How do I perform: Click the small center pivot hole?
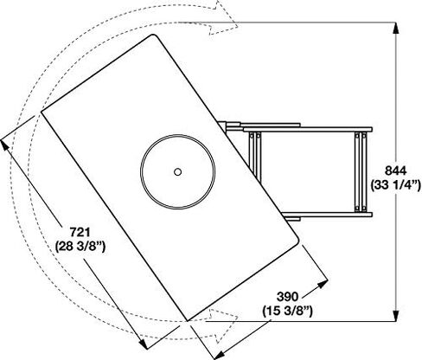[x=177, y=172]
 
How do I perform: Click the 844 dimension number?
[x=395, y=170]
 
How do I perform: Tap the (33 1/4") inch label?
[x=396, y=185]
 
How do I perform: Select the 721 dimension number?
[x=80, y=232]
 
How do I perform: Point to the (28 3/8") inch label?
[x=80, y=247]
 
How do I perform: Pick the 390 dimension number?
[x=287, y=297]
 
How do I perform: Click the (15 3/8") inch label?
[x=287, y=312]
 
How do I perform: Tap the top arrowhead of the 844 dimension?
[x=396, y=29]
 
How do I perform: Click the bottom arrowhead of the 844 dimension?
[x=396, y=314]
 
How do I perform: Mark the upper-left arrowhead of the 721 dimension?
[x=5, y=145]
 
